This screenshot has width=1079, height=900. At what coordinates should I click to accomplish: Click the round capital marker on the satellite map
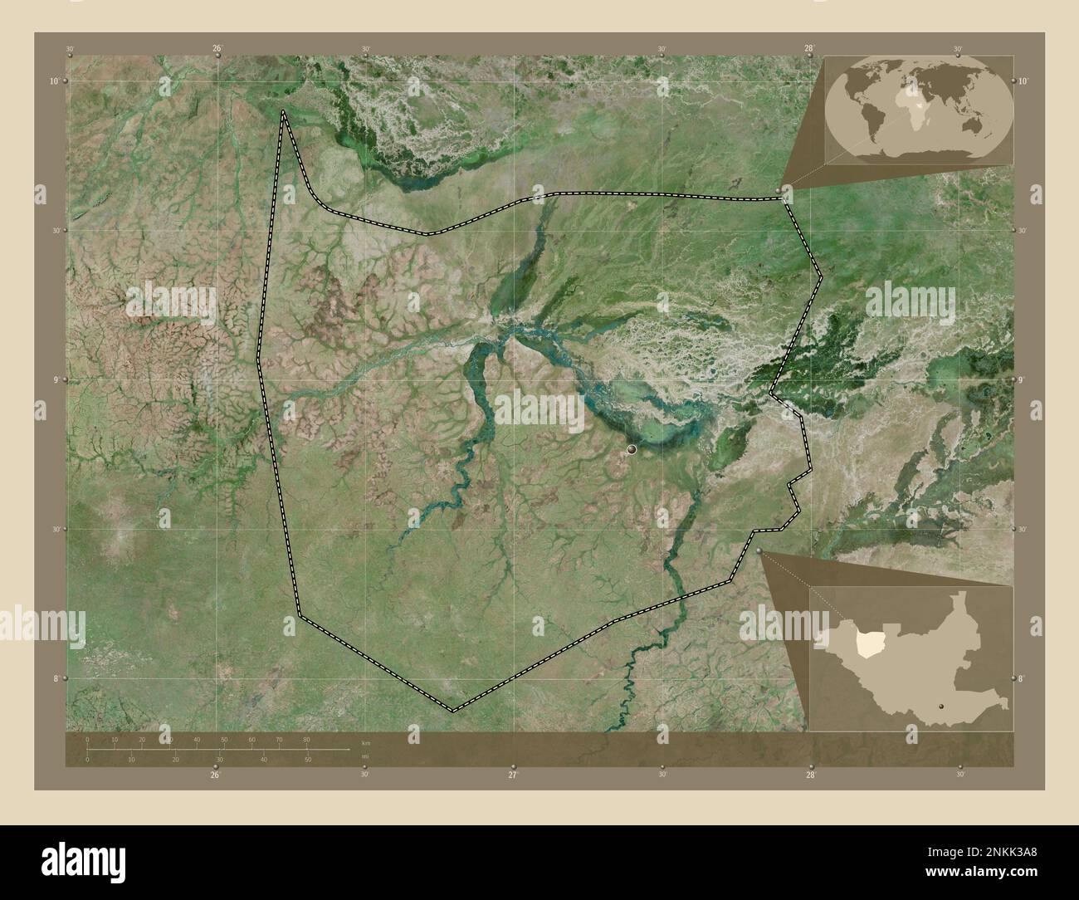(632, 449)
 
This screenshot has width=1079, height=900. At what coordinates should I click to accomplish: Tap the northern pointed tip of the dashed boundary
(283, 111)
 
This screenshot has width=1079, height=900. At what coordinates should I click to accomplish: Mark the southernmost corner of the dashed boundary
(452, 711)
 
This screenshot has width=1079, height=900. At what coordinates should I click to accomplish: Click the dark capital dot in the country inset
(940, 707)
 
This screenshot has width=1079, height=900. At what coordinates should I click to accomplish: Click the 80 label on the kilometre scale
(306, 739)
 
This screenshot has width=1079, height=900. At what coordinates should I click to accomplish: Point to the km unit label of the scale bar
(365, 741)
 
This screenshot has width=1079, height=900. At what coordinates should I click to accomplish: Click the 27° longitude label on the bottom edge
(512, 775)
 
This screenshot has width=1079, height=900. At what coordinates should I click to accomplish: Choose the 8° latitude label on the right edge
(1022, 678)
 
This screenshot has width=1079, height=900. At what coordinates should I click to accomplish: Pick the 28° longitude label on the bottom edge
(810, 775)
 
